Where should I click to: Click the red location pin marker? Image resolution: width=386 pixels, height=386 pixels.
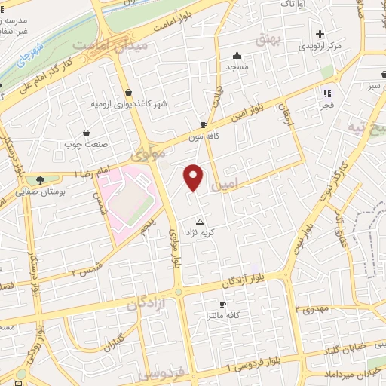coord(194,177)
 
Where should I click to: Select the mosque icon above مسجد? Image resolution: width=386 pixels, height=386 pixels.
coord(237,55)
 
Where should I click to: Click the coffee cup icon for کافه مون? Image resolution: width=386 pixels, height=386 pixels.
coord(204,124)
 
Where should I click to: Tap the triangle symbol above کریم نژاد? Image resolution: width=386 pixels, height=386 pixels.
coord(200,222)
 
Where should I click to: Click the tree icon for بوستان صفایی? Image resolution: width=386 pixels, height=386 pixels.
coord(39,179)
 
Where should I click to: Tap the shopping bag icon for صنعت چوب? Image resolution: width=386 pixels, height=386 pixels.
coord(87,133)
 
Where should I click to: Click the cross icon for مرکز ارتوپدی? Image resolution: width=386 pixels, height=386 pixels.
coord(320,34)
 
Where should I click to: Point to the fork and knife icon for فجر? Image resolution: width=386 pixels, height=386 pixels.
coord(327,93)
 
